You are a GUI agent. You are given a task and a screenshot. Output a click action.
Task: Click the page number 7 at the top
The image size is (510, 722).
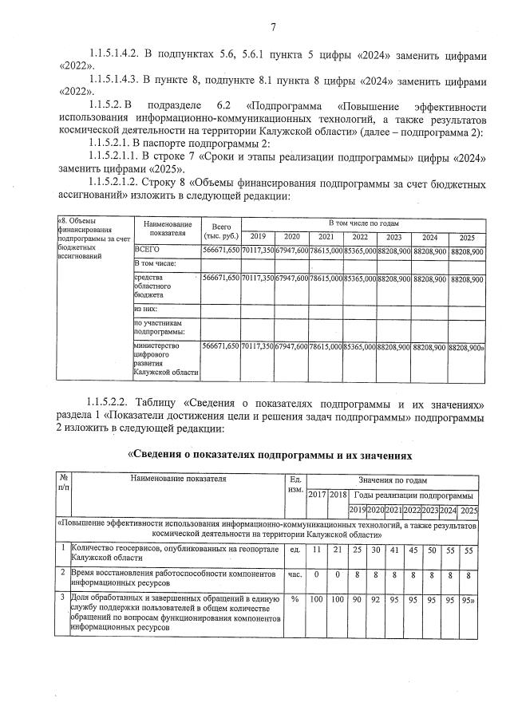click(272, 30)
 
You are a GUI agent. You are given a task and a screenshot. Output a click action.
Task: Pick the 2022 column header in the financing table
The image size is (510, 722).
click(360, 237)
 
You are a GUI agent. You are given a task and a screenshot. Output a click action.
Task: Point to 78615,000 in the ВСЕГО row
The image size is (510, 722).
click(325, 251)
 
